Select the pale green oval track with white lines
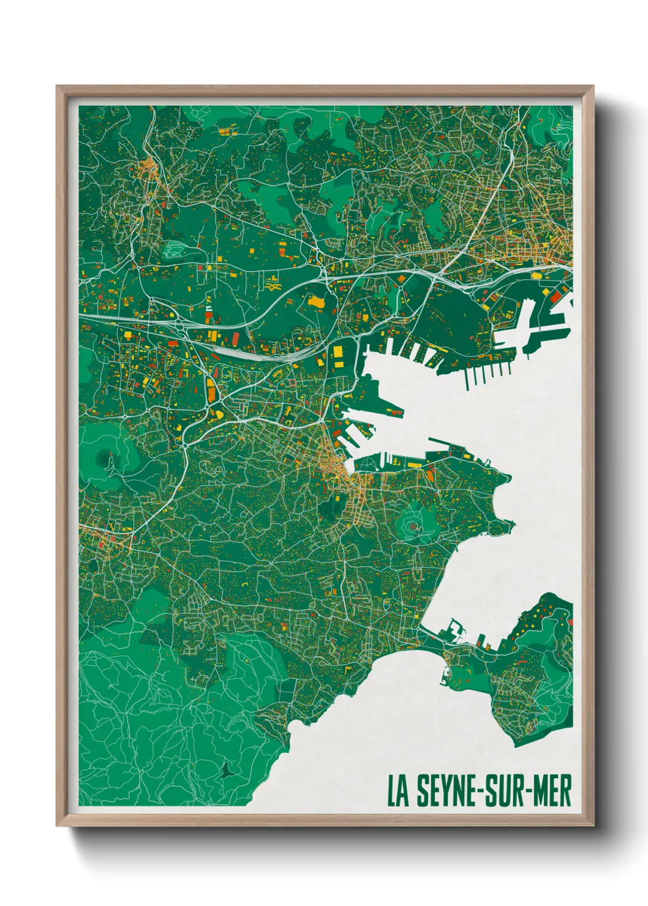click(x=175, y=248)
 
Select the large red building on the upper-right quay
click(x=556, y=296)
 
